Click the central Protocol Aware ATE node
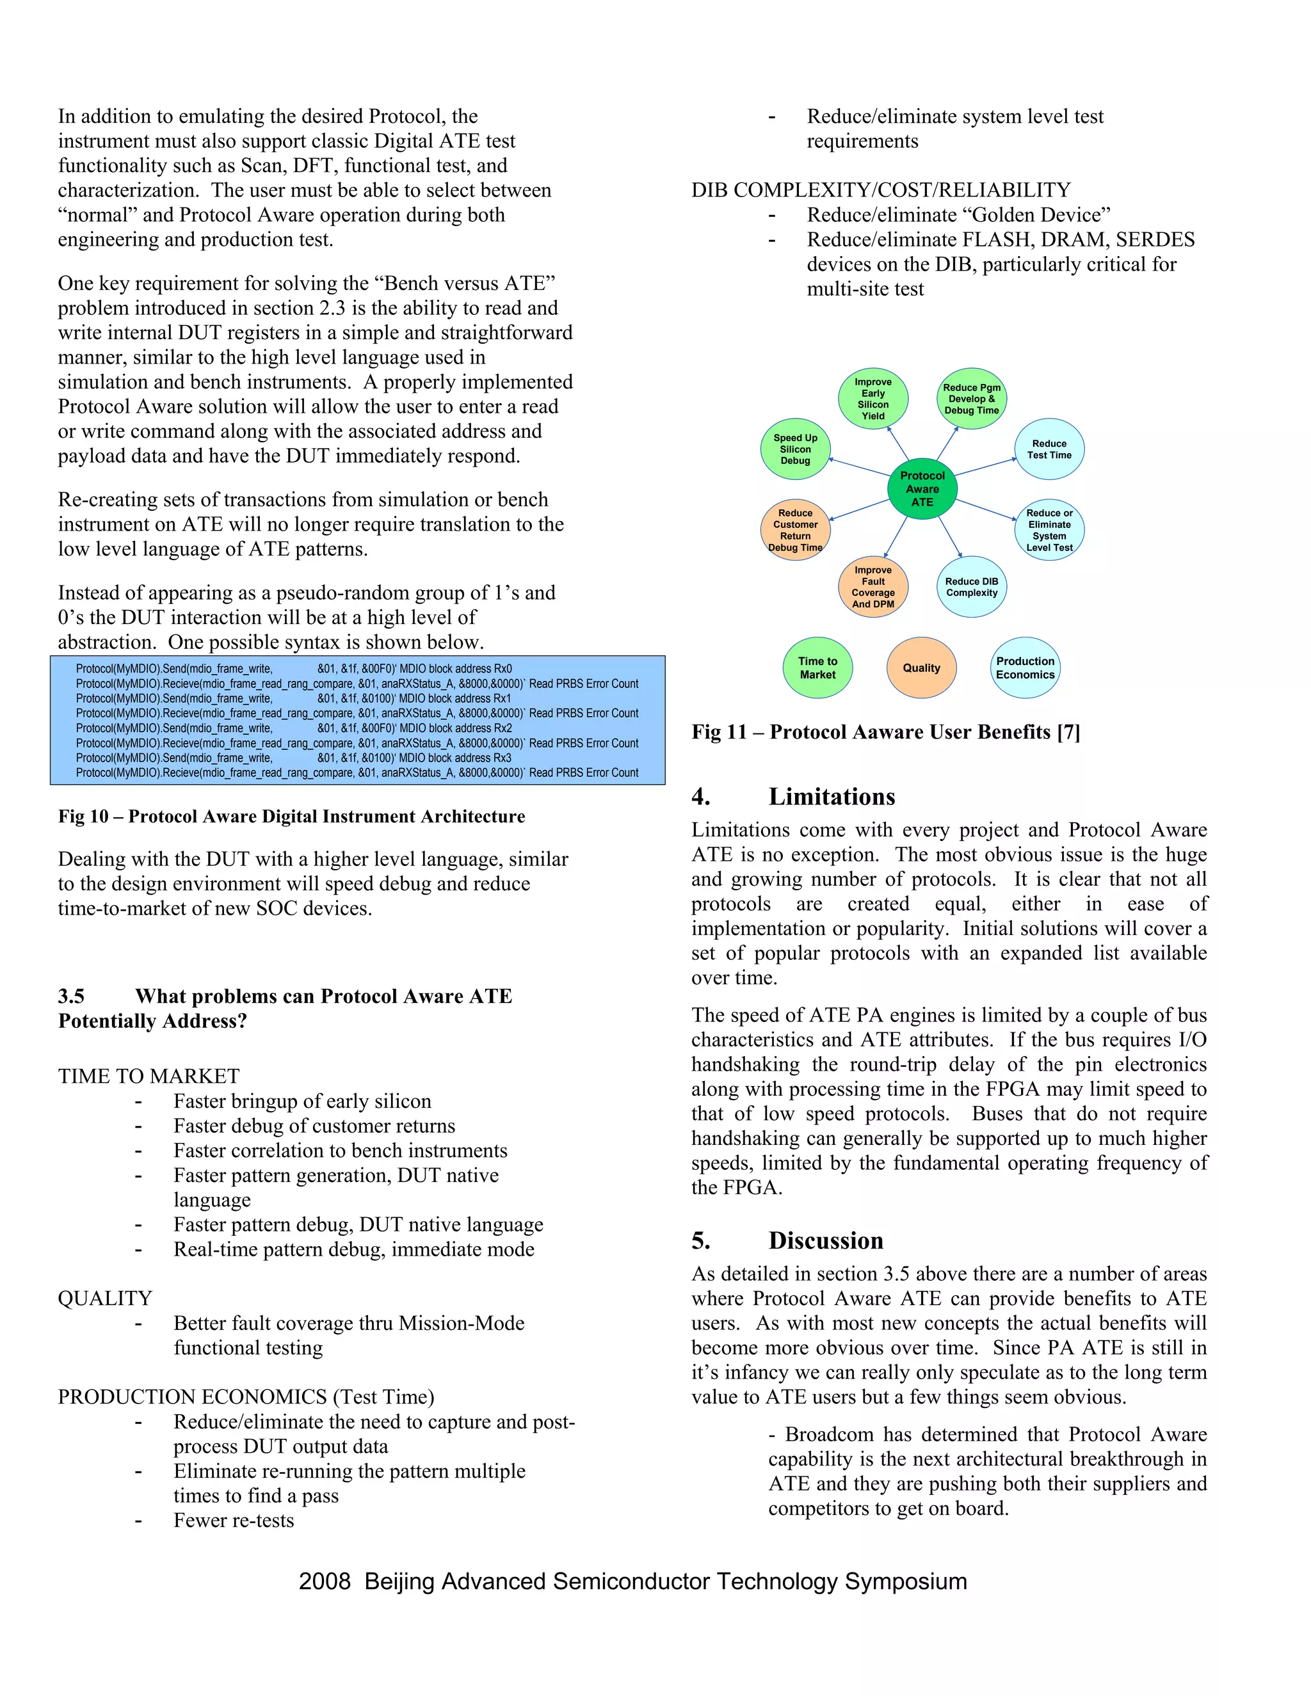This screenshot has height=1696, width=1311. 922,488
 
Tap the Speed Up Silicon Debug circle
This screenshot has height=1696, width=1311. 795,449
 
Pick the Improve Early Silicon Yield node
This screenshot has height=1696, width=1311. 873,398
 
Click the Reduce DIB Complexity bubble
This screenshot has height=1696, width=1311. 971,587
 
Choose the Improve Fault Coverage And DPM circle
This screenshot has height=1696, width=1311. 873,587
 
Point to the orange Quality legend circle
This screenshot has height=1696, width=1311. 921,668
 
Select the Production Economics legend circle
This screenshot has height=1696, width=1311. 1025,668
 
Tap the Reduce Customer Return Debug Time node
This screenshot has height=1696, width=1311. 795,530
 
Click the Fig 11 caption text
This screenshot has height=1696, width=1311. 885,732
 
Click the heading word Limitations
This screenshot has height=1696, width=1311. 831,797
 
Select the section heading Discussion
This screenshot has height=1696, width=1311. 826,1240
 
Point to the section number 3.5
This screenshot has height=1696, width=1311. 72,996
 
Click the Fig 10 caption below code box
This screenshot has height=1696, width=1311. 291,816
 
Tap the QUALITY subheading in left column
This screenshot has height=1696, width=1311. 105,1299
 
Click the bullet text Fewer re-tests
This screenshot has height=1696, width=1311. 234,1520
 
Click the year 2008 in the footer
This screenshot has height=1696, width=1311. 325,1582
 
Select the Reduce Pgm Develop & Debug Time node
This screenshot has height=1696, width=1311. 971,398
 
